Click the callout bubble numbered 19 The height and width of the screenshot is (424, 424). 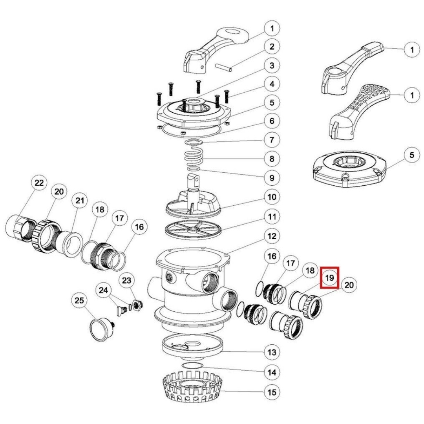tap(330, 278)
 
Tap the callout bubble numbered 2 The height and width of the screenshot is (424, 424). tap(272, 47)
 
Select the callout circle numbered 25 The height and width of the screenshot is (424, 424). tap(79, 301)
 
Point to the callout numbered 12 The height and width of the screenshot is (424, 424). tap(272, 236)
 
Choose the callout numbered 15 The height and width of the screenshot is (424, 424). tap(272, 392)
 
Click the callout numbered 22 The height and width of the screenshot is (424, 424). tap(39, 183)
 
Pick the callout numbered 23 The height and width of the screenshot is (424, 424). tap(126, 281)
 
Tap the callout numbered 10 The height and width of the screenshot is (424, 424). tap(272, 197)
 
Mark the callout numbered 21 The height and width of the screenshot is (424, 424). tap(79, 201)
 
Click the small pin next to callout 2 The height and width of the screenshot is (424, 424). tap(224, 68)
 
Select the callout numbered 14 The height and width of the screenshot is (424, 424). tap(272, 372)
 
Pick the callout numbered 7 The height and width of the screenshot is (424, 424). tap(272, 140)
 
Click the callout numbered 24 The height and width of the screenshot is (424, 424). tap(103, 291)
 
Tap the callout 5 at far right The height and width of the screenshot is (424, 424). tap(412, 155)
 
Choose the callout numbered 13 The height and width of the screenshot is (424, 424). tap(272, 352)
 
